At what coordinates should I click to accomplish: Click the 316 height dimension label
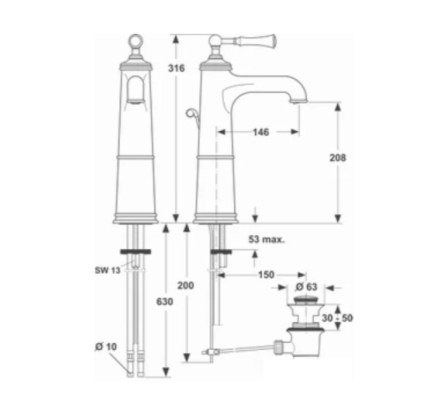[x=176, y=68]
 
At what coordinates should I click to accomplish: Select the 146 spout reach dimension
[x=261, y=132]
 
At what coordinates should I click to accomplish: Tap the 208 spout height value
[x=338, y=157]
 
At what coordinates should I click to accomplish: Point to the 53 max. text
[x=267, y=239]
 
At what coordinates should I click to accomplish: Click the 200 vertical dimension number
[x=186, y=285]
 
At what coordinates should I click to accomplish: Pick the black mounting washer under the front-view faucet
[x=135, y=252]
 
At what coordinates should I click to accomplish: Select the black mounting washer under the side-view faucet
[x=221, y=252]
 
